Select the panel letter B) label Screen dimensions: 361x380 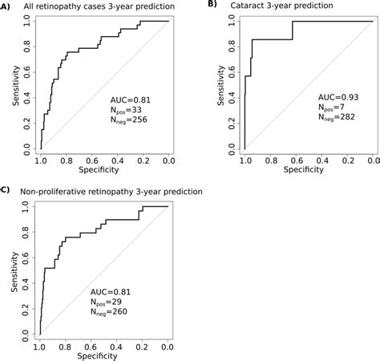212,5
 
